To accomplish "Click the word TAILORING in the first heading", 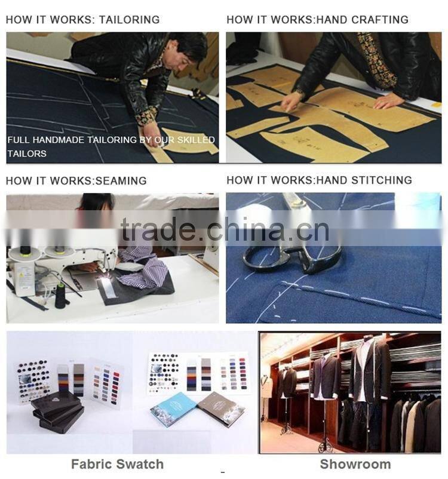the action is click(129, 20).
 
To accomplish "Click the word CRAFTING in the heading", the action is click(379, 20).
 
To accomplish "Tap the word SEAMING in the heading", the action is click(121, 181).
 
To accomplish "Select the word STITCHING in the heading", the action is click(381, 180).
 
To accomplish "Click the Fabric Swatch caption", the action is click(117, 464).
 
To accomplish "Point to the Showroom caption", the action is click(355, 464).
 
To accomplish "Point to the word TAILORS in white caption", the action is click(27, 153).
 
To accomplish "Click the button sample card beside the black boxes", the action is click(33, 382).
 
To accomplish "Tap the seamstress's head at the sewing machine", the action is click(96, 202).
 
